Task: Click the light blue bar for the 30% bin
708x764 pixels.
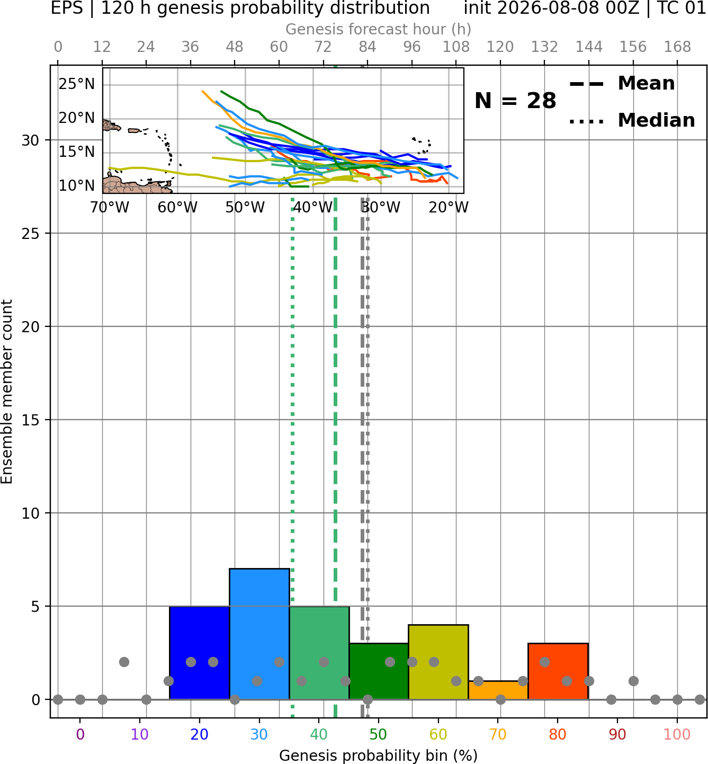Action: click(259, 634)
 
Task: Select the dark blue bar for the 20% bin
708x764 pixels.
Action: click(200, 653)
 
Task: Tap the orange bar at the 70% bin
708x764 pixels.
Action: click(498, 690)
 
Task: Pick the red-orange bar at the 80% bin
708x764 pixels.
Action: click(558, 671)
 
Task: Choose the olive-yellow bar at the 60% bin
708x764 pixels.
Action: click(438, 662)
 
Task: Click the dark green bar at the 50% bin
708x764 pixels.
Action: click(379, 671)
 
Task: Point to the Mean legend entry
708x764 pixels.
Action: click(622, 83)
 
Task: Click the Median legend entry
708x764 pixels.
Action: click(632, 120)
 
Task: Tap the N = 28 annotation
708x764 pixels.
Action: click(515, 101)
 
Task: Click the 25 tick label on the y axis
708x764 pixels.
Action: click(31, 234)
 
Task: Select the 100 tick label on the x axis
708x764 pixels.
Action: click(677, 735)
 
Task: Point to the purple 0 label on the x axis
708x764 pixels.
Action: click(80, 735)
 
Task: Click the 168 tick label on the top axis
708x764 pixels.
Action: click(677, 47)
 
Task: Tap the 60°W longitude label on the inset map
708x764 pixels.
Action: click(177, 208)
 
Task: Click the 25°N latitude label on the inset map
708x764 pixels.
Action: click(77, 84)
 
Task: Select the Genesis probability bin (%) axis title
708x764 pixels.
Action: click(379, 756)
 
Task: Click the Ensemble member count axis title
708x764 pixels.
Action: click(6, 392)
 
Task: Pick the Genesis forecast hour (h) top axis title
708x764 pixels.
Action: click(379, 29)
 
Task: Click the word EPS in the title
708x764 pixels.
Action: click(67, 8)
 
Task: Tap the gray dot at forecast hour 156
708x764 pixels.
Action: click(633, 681)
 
